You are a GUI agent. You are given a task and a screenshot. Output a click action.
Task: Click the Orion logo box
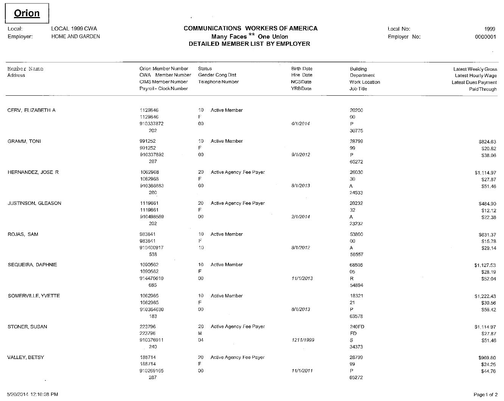pos(27,13)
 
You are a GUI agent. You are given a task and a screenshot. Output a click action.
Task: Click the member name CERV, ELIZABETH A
pos(31,110)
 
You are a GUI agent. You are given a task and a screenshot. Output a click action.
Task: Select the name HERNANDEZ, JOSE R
pos(33,172)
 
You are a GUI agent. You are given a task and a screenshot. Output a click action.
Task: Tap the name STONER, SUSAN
pos(27,326)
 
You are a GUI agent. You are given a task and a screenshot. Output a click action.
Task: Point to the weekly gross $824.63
pos(487,142)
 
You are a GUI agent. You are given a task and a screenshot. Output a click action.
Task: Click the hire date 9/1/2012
pos(301,154)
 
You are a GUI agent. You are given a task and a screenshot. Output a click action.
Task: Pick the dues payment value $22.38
pos(488,217)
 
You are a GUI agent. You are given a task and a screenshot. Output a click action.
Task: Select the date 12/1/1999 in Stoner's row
pos(301,340)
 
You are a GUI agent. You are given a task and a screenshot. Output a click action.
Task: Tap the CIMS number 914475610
pos(151,278)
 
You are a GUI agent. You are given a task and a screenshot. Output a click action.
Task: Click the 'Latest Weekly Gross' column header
pos(475,69)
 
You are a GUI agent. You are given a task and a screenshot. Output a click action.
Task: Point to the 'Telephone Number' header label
pos(218,82)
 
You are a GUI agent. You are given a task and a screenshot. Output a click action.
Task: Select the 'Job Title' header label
pos(358,89)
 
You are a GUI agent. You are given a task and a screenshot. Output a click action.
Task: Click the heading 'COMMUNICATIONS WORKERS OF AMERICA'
pos(250,28)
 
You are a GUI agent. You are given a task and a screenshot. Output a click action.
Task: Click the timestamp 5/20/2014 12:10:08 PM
pos(33,394)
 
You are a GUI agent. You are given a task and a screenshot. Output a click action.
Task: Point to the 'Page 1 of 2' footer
pos(485,395)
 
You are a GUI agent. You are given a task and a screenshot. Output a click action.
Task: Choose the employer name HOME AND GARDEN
pos(75,36)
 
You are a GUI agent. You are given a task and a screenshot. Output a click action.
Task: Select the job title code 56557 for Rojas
pos(356,254)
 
